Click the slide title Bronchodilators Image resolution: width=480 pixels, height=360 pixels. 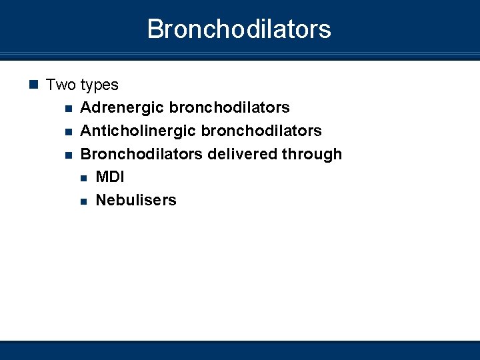click(x=239, y=29)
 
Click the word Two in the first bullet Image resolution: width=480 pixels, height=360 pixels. click(x=61, y=85)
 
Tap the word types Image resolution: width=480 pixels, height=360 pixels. click(x=99, y=85)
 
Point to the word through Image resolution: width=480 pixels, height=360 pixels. click(x=311, y=155)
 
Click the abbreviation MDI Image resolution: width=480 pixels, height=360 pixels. click(x=110, y=177)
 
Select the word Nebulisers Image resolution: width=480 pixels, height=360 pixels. click(x=136, y=200)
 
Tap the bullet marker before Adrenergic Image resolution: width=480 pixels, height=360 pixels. click(x=67, y=108)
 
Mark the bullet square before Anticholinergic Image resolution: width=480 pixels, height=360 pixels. click(x=67, y=131)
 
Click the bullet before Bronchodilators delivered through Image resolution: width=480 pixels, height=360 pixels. click(x=67, y=155)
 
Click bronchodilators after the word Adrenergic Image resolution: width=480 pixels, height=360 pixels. click(x=229, y=107)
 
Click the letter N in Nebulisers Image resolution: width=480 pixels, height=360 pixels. click(x=101, y=200)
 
